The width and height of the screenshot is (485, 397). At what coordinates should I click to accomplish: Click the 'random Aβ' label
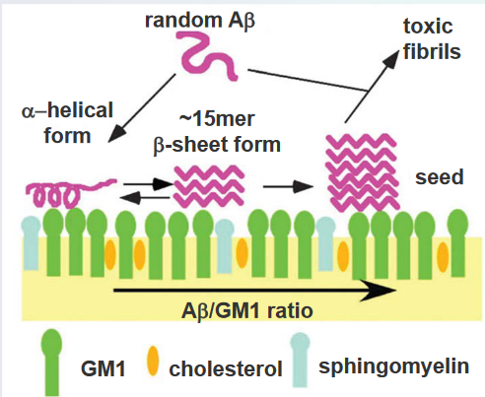click(x=200, y=21)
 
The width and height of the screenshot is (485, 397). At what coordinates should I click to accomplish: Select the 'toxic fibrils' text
click(x=432, y=39)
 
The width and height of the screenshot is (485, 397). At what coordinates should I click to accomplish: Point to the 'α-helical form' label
click(x=67, y=123)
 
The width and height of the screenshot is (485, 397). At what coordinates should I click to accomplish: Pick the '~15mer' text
click(x=217, y=119)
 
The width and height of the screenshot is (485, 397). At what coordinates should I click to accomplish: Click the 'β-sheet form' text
click(x=217, y=145)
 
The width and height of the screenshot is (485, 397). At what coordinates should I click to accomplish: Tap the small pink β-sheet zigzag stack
click(x=209, y=186)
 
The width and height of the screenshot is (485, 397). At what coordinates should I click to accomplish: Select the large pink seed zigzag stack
click(x=363, y=171)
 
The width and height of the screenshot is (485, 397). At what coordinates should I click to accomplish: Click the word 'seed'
click(x=440, y=177)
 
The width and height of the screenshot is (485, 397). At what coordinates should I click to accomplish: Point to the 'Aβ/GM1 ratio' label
click(x=246, y=310)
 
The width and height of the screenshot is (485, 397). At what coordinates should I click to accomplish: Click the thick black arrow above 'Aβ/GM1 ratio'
click(x=254, y=291)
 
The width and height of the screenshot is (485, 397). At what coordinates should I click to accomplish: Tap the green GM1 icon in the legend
click(x=51, y=363)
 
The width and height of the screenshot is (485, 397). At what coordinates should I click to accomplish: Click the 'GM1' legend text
click(x=104, y=368)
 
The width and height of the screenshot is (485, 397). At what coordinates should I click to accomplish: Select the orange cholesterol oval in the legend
click(x=153, y=361)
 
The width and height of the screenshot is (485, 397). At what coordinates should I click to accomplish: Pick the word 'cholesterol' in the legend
click(x=226, y=368)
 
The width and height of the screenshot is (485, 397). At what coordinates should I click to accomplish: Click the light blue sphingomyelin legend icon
click(x=300, y=360)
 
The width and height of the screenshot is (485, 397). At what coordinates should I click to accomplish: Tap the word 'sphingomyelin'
click(x=393, y=366)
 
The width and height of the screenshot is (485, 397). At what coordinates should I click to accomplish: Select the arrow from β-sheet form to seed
click(x=288, y=186)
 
